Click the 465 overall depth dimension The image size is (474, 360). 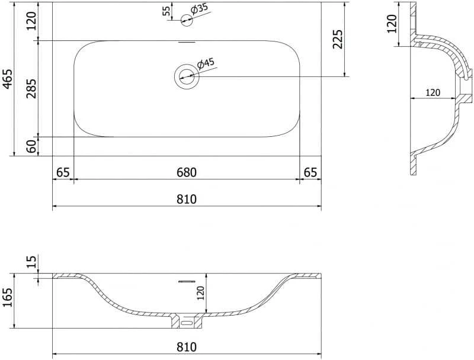[x=8, y=79]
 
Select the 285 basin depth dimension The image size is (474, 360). [x=31, y=88]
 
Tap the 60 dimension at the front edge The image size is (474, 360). [x=31, y=146]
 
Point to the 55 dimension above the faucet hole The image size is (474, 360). [x=166, y=11]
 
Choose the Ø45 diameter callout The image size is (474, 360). [x=206, y=63]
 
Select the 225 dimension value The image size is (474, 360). [x=337, y=39]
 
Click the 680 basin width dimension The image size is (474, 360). [x=187, y=172]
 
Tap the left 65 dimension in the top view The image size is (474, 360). [x=63, y=172]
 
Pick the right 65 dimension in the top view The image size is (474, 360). [x=310, y=172]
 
